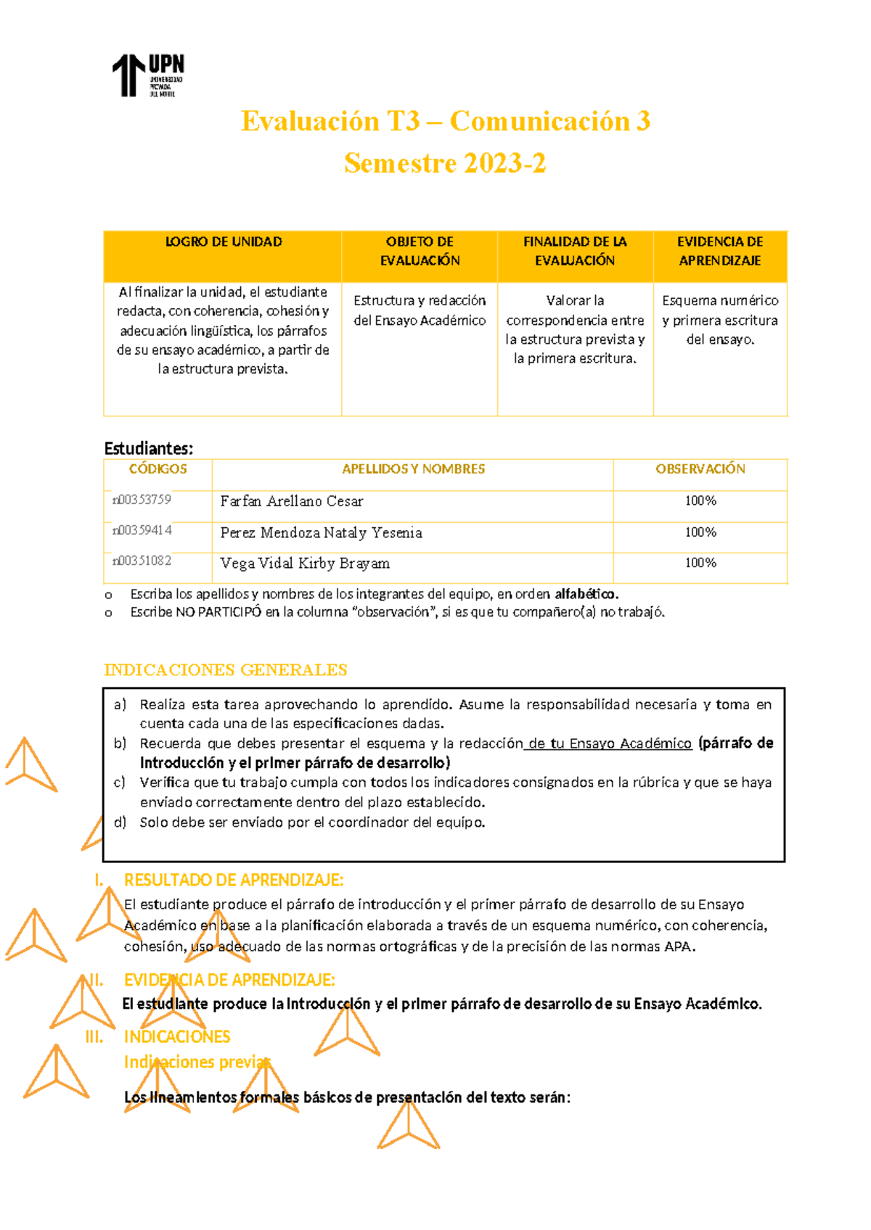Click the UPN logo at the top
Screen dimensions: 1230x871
coord(148,75)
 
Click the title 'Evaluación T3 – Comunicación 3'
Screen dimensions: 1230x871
coord(445,121)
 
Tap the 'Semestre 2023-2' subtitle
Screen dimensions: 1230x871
coord(445,163)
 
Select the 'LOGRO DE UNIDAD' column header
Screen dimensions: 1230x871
coord(224,242)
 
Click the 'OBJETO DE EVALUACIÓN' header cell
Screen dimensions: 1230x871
coord(420,251)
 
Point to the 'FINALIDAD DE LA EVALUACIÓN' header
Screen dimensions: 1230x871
coord(575,251)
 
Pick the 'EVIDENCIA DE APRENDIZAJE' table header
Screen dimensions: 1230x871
coord(719,251)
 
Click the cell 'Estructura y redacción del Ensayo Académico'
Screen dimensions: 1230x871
coord(420,310)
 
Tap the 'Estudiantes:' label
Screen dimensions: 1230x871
coord(149,448)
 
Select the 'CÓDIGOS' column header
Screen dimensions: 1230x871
coord(158,469)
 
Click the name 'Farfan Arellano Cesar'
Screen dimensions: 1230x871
coord(292,501)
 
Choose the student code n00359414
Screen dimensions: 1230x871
coord(142,530)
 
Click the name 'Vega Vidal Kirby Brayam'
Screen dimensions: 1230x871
coord(305,564)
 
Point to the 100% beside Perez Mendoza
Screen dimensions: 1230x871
coord(700,532)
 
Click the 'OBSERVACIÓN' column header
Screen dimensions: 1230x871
coord(700,469)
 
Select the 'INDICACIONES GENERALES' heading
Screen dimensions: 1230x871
coord(226,669)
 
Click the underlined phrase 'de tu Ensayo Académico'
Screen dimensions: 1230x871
coord(608,743)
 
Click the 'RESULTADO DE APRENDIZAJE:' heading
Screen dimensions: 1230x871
coord(234,880)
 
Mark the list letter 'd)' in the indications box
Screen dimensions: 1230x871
coord(120,822)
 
